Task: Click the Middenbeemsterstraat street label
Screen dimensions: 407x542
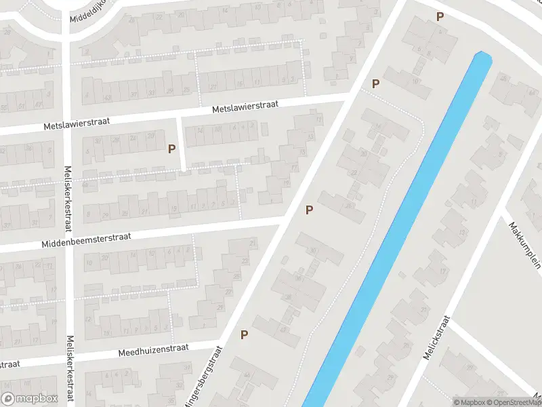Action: tap(85, 239)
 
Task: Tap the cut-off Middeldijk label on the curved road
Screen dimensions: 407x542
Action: tap(89, 9)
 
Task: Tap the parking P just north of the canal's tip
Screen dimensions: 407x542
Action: tap(440, 17)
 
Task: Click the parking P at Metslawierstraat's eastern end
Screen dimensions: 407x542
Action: tap(375, 83)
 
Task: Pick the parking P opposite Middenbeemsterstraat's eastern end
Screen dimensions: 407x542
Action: tap(310, 210)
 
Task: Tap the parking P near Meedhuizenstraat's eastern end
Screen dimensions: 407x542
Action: tap(244, 334)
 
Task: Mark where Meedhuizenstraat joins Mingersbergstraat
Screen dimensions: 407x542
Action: tap(222, 342)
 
